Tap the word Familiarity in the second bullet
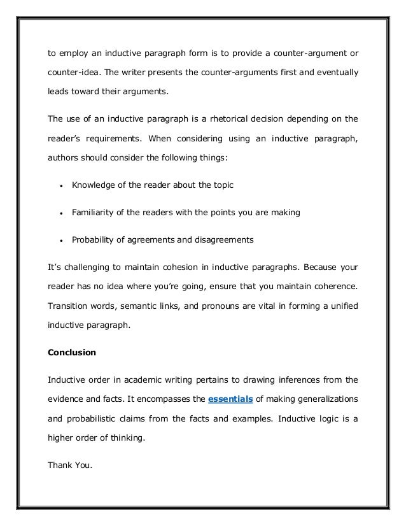pos(94,213)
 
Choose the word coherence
pos(328,288)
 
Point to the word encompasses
pos(162,399)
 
